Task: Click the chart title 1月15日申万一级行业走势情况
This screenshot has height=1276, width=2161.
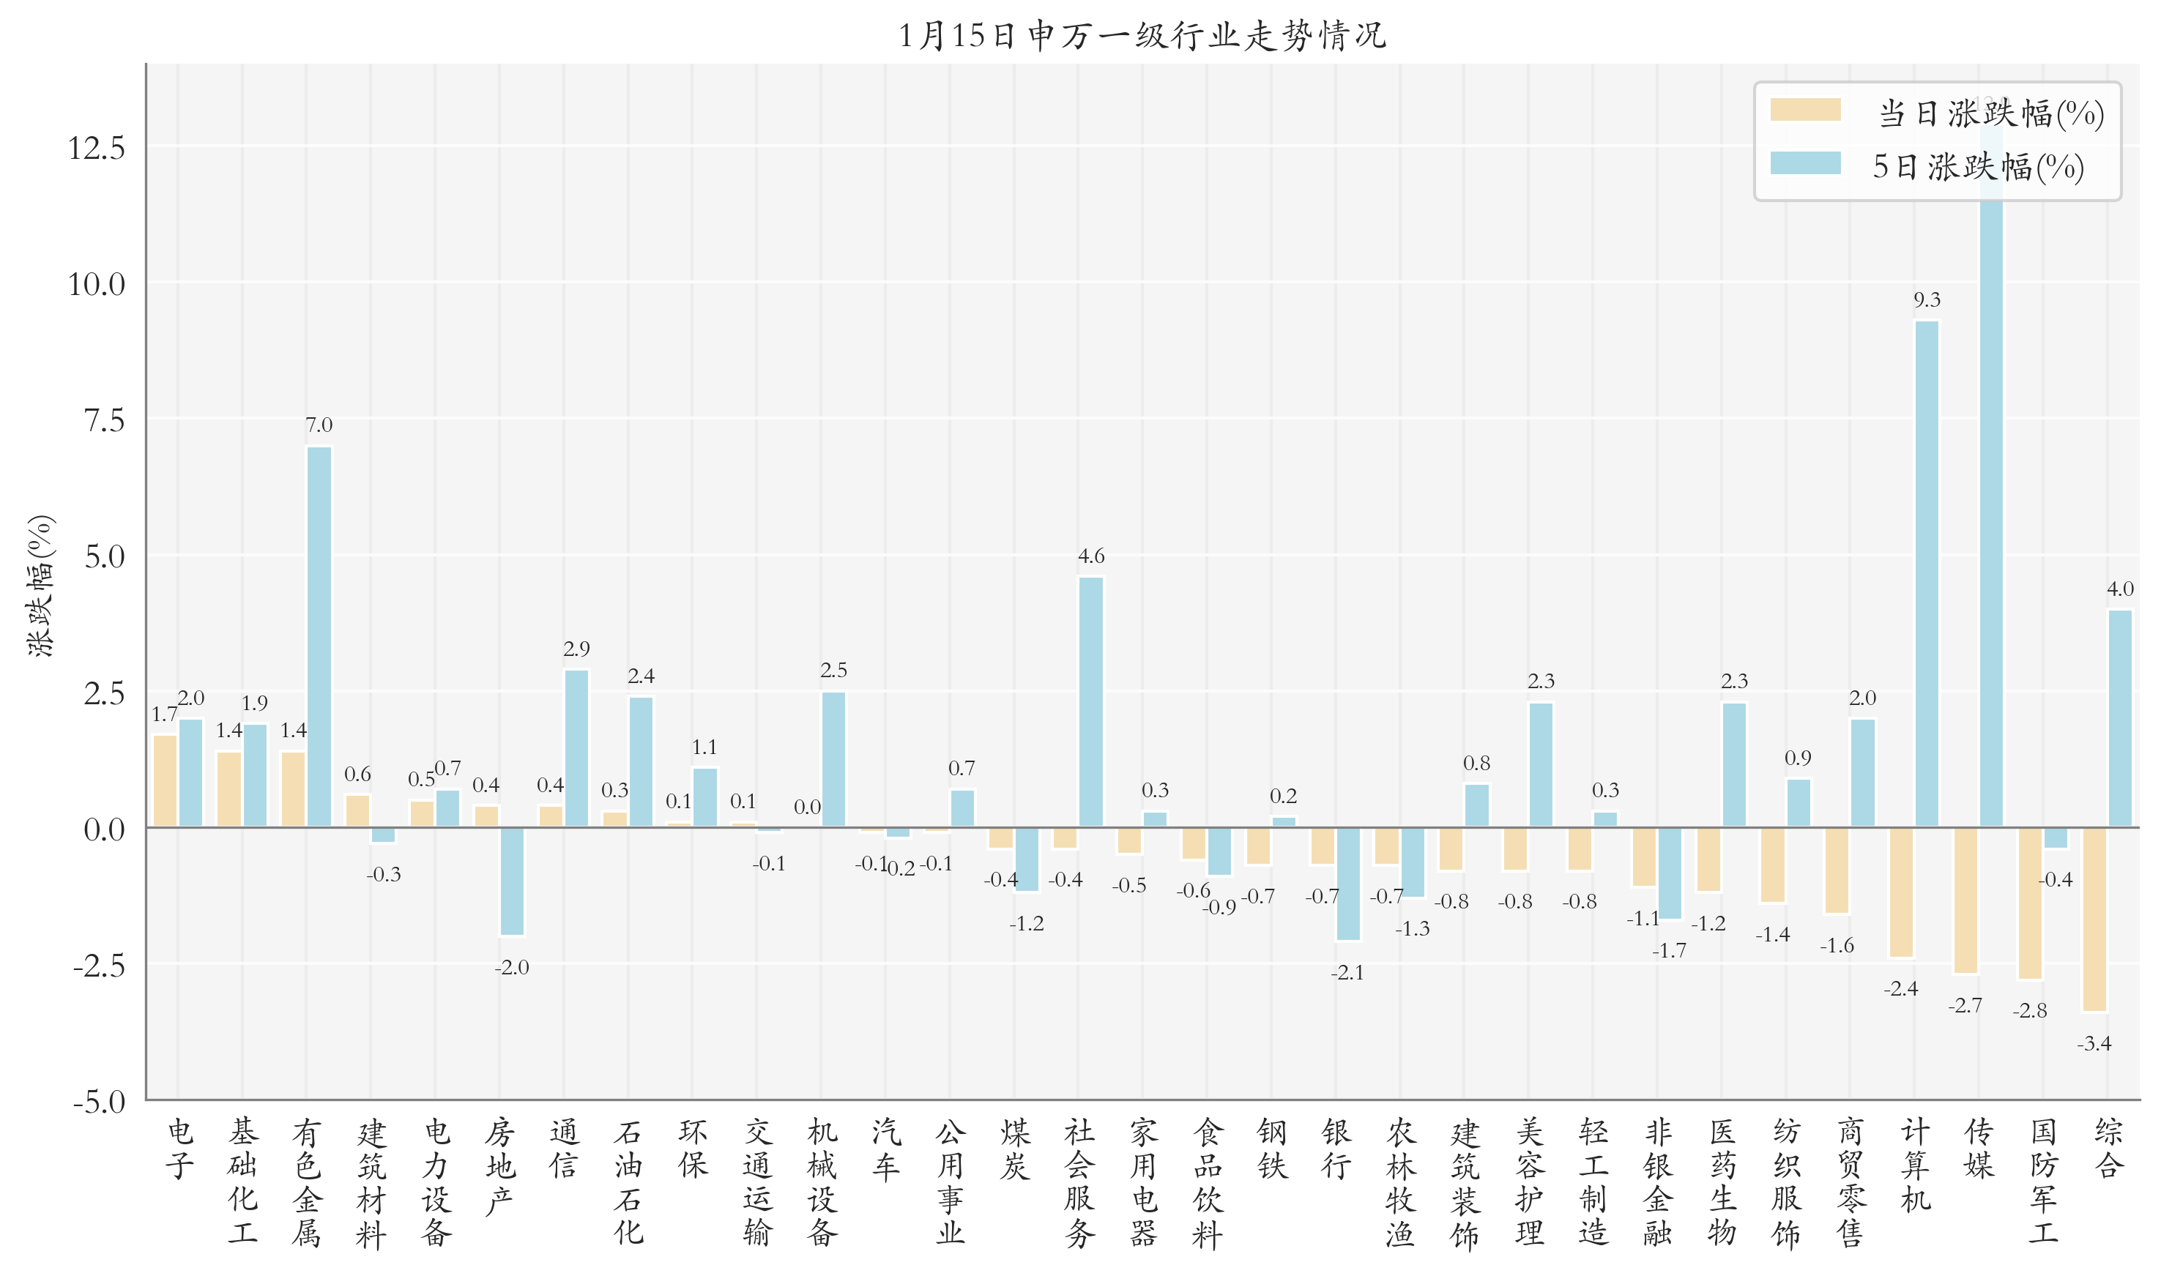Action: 1142,35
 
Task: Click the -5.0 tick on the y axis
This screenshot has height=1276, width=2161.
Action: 98,1102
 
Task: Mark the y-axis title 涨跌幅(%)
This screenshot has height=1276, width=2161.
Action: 40,586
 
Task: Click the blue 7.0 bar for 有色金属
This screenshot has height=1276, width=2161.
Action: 319,636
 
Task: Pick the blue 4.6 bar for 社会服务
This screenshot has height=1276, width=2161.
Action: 1090,701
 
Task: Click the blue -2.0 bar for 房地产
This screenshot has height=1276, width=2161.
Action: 512,881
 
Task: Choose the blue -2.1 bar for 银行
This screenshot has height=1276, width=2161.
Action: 1347,884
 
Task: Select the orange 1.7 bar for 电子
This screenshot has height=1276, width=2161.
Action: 164,780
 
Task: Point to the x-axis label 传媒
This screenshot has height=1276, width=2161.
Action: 1979,1148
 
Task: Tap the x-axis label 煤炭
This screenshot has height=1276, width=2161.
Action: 1015,1148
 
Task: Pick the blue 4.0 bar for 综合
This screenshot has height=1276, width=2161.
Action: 2120,718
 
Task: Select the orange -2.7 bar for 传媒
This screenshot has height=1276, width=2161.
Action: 1965,900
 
